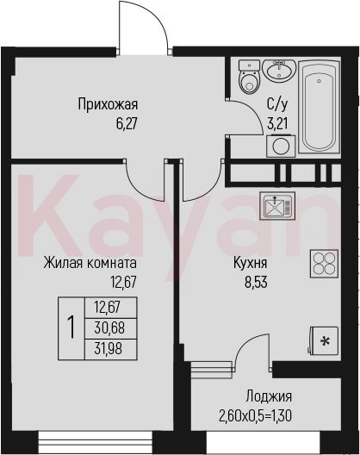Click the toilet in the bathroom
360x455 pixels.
point(249,78)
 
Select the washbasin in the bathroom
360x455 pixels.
point(279,70)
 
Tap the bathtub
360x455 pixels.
point(319,107)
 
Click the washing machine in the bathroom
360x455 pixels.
point(281,146)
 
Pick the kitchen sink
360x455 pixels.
point(277,206)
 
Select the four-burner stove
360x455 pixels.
point(324,264)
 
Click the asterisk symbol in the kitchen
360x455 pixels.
point(325,342)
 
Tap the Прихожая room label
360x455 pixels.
point(108,105)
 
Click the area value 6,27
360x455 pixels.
point(127,124)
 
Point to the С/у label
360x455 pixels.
point(277,105)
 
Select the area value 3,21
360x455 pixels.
point(277,124)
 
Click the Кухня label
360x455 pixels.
point(251,264)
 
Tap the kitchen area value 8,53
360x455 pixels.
point(256,283)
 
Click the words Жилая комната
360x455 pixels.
point(90,263)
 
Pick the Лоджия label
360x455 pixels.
point(269,396)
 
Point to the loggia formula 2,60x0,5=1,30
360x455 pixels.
point(255,417)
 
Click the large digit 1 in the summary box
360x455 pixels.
point(71,328)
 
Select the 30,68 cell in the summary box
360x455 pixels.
point(110,328)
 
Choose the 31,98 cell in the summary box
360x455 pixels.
point(110,349)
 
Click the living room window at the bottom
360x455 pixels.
point(96,443)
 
